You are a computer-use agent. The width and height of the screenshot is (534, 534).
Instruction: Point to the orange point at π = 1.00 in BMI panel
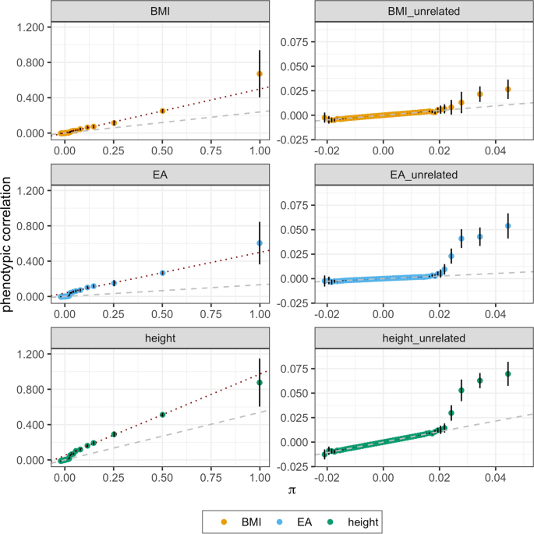click(260, 73)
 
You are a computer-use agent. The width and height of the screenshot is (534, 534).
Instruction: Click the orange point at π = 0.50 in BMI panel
click(162, 111)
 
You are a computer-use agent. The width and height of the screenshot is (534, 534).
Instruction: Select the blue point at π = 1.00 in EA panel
click(260, 243)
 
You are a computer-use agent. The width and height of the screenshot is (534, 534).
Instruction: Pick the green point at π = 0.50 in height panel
click(162, 415)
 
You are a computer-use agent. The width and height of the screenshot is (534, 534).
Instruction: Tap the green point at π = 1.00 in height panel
click(260, 383)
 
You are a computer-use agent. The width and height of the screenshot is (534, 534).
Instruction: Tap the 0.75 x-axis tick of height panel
click(211, 475)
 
